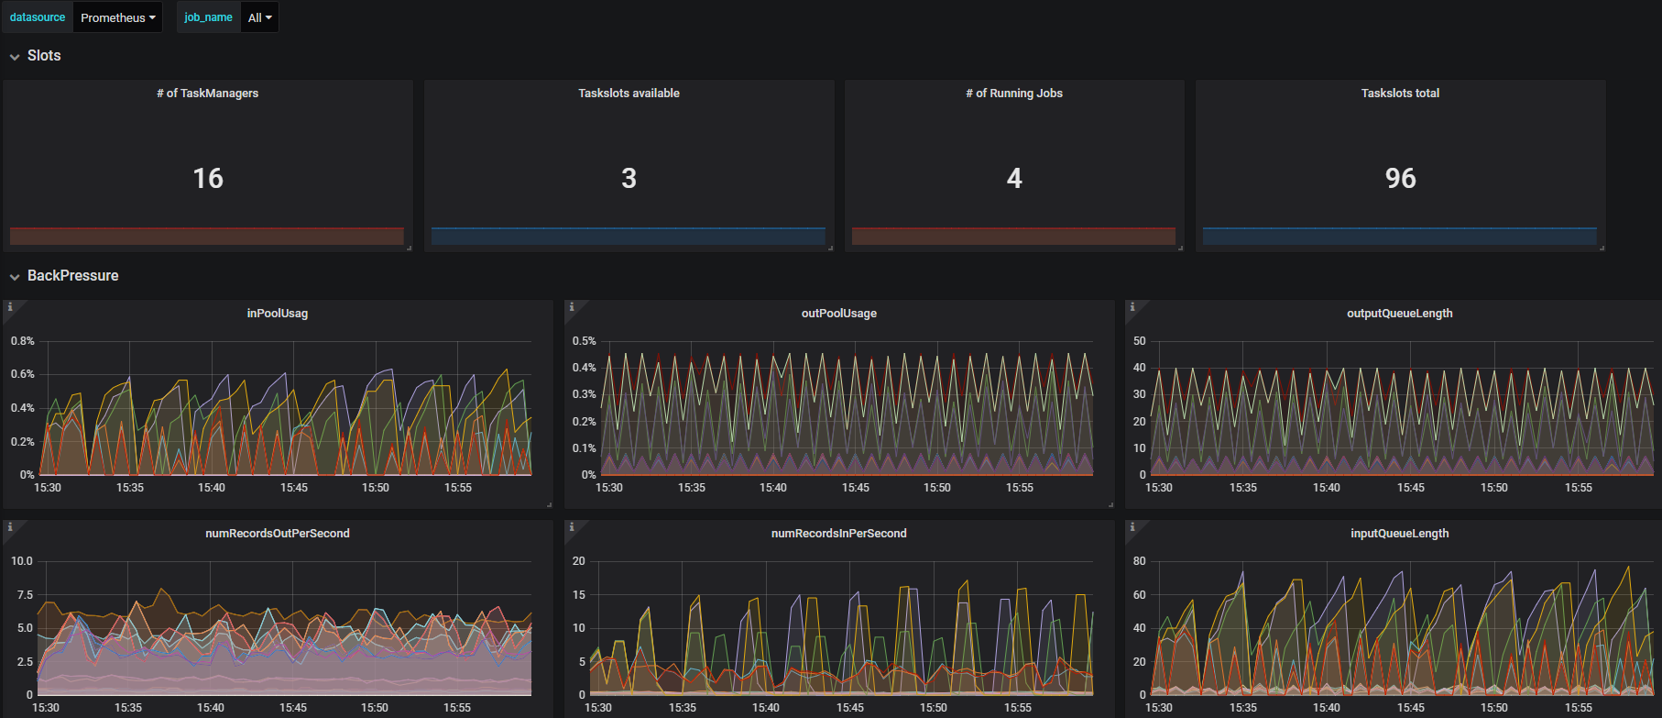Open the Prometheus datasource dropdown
(117, 17)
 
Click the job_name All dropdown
(259, 17)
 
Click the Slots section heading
(44, 56)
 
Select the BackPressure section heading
(72, 276)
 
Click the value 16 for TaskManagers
(208, 178)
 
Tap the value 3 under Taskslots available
(629, 178)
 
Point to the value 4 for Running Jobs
(1014, 178)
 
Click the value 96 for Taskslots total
(1400, 178)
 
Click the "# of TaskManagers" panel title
(208, 94)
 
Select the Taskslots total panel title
(1400, 94)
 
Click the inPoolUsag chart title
(278, 314)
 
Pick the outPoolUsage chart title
(839, 314)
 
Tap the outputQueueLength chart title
(1400, 314)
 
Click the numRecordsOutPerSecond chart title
(278, 534)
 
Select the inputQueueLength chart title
(1400, 534)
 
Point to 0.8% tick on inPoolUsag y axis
(23, 341)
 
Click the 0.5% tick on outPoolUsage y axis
(585, 341)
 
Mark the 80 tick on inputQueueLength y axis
(1140, 561)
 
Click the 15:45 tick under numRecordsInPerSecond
(850, 708)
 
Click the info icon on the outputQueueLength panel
(1132, 307)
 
